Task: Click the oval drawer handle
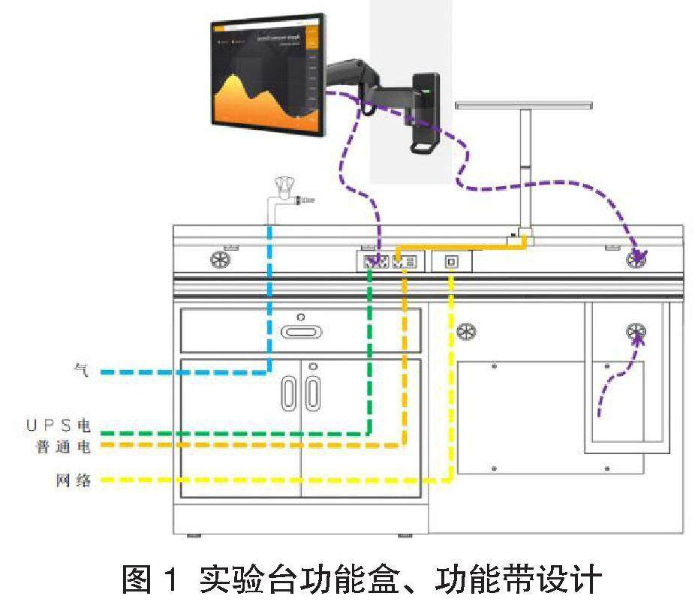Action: click(301, 331)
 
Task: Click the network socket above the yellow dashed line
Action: click(451, 261)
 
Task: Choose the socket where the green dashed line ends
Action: click(372, 262)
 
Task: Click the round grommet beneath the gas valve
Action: click(221, 260)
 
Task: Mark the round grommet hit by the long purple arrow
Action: click(637, 260)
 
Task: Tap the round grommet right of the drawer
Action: click(467, 331)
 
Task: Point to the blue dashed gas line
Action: click(269, 300)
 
